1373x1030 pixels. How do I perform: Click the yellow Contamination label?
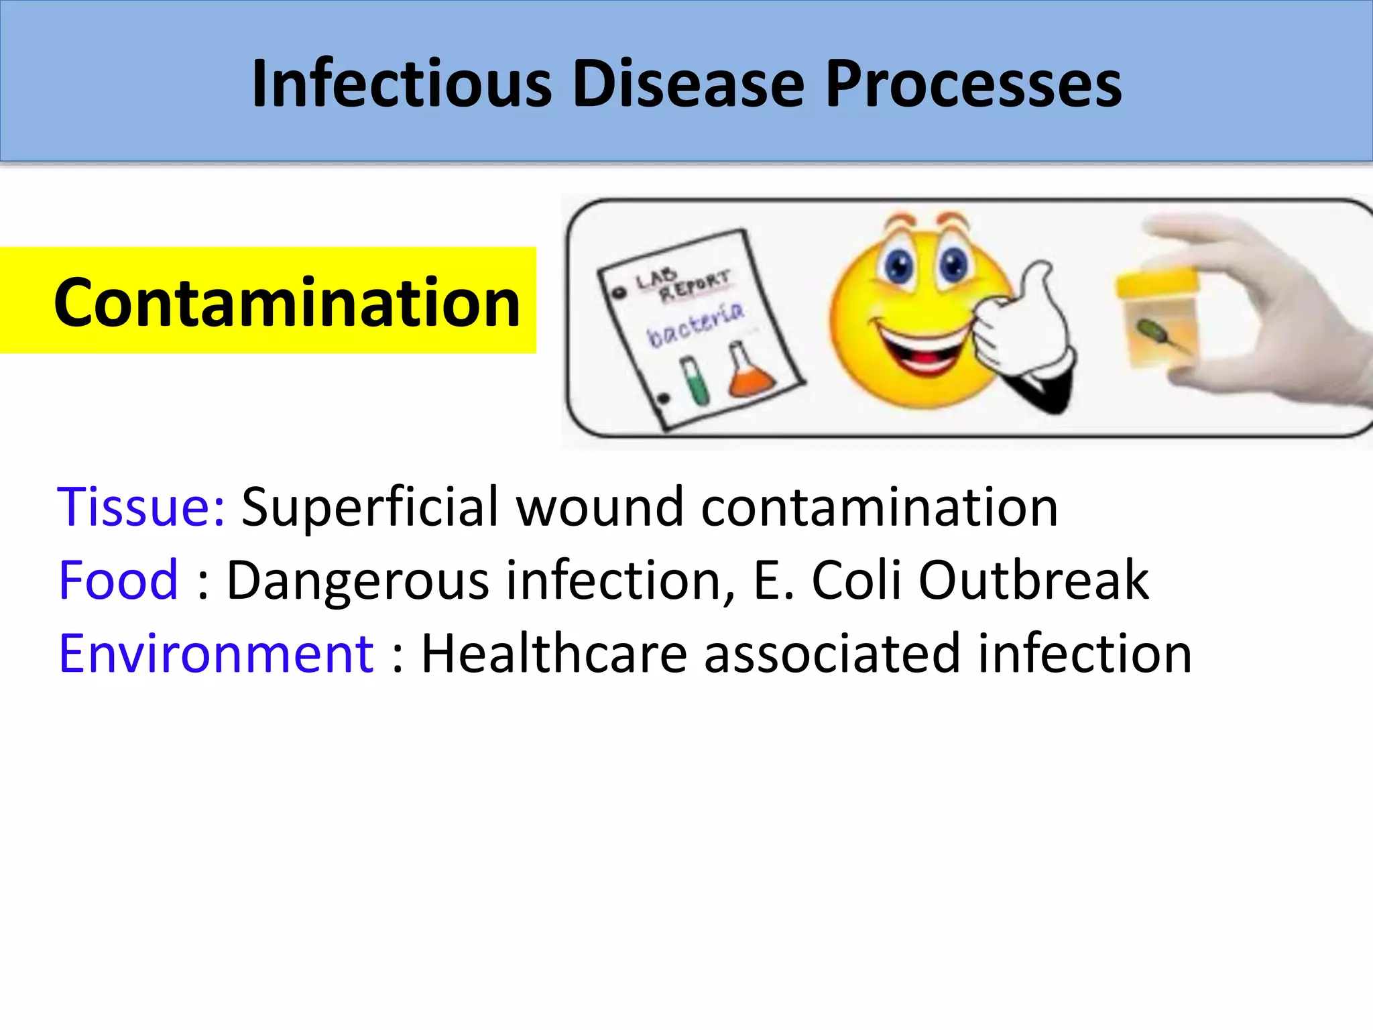pyautogui.click(x=287, y=302)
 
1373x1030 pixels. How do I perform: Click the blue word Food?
pyautogui.click(x=118, y=580)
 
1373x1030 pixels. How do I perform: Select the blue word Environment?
pyautogui.click(x=216, y=653)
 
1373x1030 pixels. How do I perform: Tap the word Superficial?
pyautogui.click(x=370, y=506)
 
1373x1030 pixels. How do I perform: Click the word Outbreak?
pyautogui.click(x=1033, y=580)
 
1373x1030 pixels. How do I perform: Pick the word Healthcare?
pyautogui.click(x=554, y=653)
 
